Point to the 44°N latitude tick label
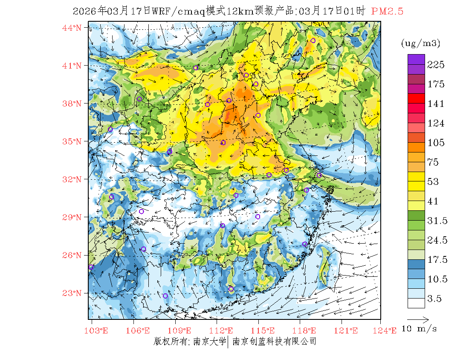point(72,28)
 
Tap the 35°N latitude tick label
point(72,141)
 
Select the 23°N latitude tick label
point(72,293)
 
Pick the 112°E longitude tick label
point(223,330)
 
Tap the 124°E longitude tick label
point(387,330)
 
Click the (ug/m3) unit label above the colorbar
point(420,43)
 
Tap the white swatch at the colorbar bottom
point(416,303)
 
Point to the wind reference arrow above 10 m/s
point(418,319)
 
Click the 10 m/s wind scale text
point(420,329)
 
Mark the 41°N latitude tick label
point(72,66)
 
